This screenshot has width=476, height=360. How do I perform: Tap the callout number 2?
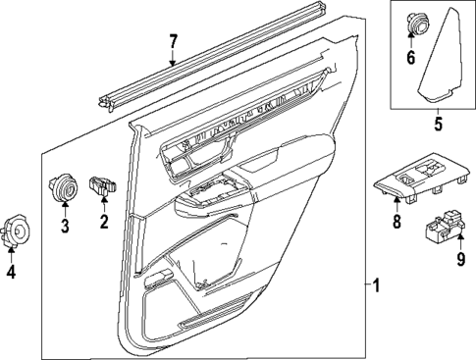(x=102, y=224)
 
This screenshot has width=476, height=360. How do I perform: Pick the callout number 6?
(x=411, y=57)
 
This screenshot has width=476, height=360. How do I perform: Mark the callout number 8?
(x=397, y=222)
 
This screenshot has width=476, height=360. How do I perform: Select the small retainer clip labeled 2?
(x=102, y=183)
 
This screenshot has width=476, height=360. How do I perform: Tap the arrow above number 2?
(x=102, y=203)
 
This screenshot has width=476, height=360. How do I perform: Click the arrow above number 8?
(x=397, y=203)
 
